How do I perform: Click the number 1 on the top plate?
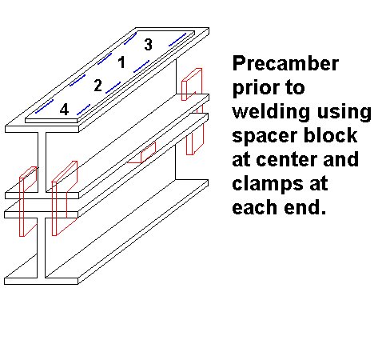pyautogui.click(x=121, y=62)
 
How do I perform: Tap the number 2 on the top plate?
pyautogui.click(x=98, y=86)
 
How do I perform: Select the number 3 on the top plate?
pyautogui.click(x=149, y=44)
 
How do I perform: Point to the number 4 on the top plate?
pyautogui.click(x=65, y=110)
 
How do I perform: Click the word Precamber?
pyautogui.click(x=285, y=63)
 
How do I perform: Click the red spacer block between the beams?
pyautogui.click(x=141, y=154)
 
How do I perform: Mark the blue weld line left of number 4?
pyautogui.click(x=44, y=106)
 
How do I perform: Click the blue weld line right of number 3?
pyautogui.click(x=177, y=39)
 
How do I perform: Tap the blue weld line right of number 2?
pyautogui.click(x=113, y=87)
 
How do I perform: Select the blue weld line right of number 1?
pyautogui.click(x=141, y=66)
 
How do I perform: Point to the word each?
pyautogui.click(x=254, y=206)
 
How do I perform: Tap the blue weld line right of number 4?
pyautogui.click(x=83, y=110)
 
